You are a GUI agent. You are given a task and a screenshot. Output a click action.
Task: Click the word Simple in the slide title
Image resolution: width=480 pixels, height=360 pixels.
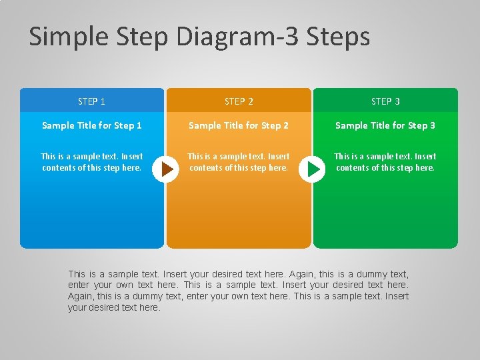(65, 37)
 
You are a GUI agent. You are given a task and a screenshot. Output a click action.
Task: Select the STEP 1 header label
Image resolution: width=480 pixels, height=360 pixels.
(91, 101)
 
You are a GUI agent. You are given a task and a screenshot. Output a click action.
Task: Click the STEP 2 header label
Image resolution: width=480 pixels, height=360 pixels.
(239, 101)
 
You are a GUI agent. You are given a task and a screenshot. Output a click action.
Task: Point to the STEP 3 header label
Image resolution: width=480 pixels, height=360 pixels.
(385, 101)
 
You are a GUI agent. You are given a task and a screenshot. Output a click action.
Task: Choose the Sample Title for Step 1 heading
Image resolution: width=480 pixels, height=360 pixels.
(91, 125)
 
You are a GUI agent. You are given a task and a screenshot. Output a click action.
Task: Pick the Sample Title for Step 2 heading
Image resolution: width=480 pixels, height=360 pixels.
(239, 125)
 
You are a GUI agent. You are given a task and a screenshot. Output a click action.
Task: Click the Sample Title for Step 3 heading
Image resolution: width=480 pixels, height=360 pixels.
(385, 125)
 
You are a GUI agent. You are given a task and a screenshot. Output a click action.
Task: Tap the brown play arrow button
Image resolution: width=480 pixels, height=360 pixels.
(166, 169)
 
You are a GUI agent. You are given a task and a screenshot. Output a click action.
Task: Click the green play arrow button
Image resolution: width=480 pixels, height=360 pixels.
(313, 169)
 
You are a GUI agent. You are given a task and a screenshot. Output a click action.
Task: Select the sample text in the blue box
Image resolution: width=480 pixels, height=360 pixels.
(91, 162)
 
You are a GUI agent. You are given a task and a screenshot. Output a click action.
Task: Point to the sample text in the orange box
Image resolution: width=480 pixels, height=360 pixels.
(239, 162)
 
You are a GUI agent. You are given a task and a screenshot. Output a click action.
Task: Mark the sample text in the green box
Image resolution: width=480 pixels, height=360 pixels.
(385, 162)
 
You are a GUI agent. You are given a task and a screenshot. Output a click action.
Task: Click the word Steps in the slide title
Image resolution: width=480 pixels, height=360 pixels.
(338, 37)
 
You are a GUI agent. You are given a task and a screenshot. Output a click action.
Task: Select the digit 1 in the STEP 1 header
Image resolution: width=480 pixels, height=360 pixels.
(103, 101)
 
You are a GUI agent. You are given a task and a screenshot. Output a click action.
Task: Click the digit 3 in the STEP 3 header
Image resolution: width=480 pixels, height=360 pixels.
(397, 101)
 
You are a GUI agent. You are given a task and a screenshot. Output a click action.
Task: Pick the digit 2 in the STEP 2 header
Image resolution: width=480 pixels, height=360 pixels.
(251, 101)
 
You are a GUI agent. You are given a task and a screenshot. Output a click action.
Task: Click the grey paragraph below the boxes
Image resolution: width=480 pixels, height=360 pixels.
(238, 291)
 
